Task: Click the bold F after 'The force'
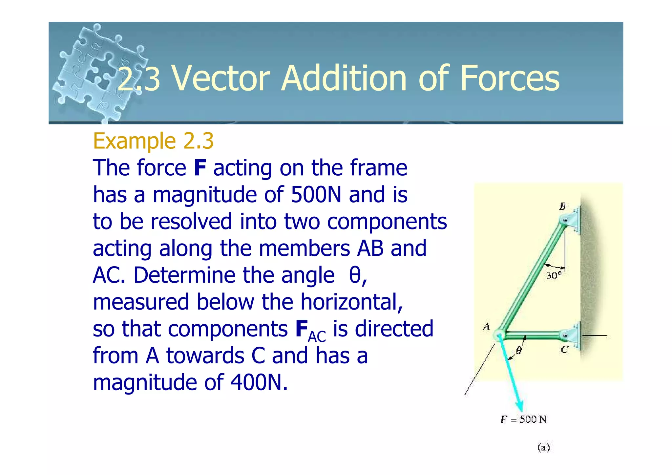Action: click(200, 168)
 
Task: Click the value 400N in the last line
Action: click(259, 382)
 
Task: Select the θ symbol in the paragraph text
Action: click(355, 275)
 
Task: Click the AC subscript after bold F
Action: click(317, 336)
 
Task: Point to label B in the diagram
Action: click(562, 206)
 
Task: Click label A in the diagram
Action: click(486, 326)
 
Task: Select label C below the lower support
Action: click(564, 350)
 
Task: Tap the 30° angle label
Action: click(554, 275)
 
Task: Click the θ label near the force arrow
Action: click(518, 351)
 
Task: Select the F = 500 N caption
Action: click(523, 420)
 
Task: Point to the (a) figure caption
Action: click(544, 447)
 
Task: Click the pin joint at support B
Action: click(565, 220)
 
